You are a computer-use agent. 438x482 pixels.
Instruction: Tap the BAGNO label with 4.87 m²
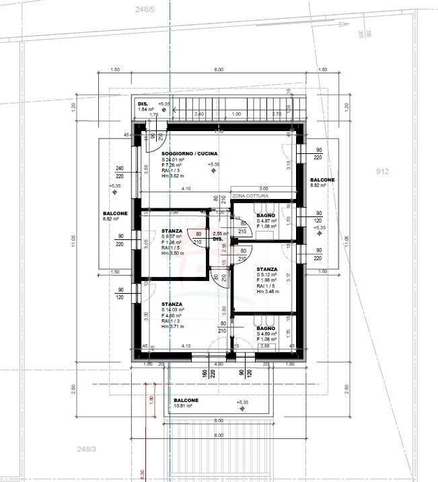pos(266,215)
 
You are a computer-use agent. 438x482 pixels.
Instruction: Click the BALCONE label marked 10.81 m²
pos(186,400)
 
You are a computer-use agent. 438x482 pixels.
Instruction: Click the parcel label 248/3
pos(87,448)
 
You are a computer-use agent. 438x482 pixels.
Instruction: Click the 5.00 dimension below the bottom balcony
pos(218,421)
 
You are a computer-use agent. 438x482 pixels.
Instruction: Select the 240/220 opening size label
pos(119,172)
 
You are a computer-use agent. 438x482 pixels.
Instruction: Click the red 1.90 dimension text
pos(151,399)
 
